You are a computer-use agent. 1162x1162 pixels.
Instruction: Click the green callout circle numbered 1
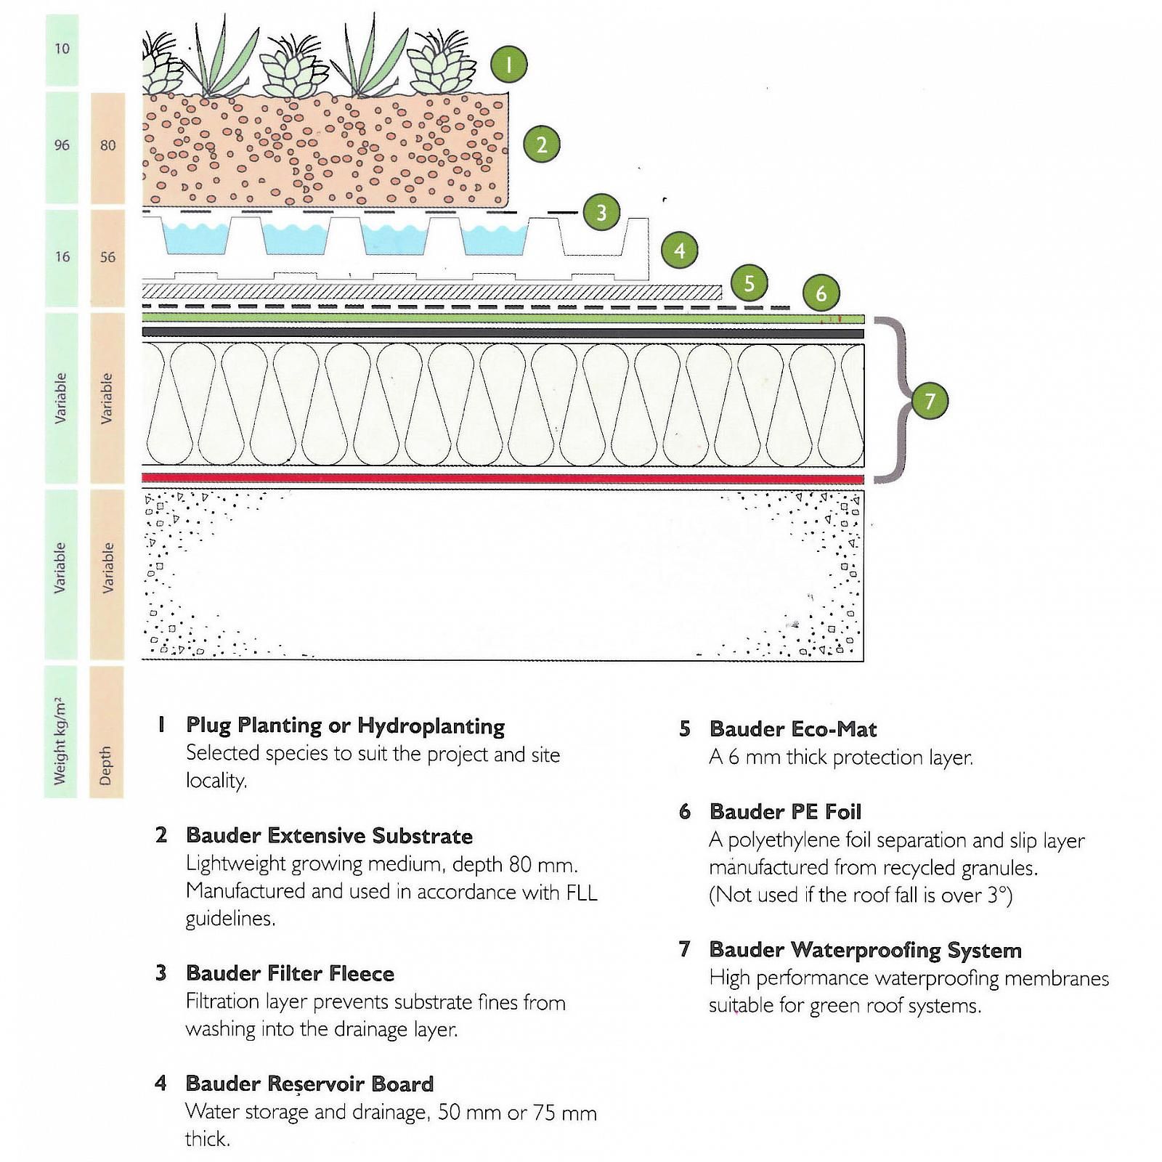[x=508, y=65]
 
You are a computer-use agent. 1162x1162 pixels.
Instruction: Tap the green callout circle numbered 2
[x=541, y=145]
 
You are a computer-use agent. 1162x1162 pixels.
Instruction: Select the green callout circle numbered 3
[x=601, y=213]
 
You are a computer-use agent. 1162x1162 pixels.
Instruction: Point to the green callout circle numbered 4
[x=679, y=251]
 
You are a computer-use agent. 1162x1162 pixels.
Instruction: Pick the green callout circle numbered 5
[x=749, y=283]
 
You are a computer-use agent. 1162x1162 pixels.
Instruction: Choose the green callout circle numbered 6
[x=821, y=293]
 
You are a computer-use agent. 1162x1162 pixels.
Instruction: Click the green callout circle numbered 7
[x=930, y=400]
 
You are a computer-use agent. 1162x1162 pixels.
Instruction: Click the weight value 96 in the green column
[x=62, y=145]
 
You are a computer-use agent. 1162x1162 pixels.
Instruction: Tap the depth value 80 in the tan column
[x=107, y=145]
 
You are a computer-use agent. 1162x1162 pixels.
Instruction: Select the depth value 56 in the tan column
[x=107, y=257]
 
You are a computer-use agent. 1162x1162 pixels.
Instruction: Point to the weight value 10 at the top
[x=62, y=49]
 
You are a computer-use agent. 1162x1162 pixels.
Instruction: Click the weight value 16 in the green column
[x=62, y=257]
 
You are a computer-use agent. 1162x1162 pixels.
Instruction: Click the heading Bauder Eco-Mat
[x=792, y=729]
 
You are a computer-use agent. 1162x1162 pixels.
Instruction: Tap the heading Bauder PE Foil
[x=785, y=811]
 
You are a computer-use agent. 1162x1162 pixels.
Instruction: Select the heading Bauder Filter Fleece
[x=290, y=973]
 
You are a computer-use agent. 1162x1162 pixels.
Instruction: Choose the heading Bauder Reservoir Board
[x=309, y=1084]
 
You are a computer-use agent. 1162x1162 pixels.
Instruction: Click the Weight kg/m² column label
[x=60, y=741]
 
